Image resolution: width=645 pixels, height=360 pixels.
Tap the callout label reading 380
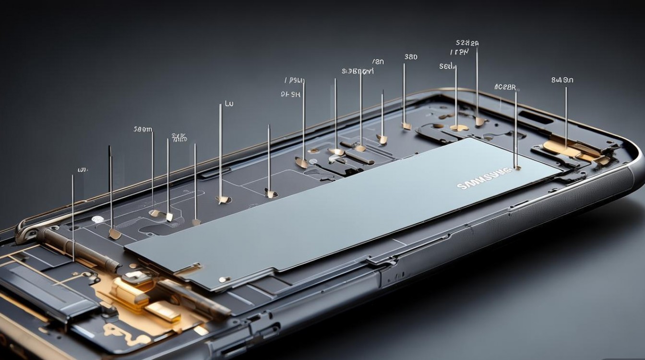coord(411,57)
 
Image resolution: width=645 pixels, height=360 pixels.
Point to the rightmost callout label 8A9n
coord(562,80)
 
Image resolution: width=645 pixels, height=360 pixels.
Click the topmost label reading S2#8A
coord(467,43)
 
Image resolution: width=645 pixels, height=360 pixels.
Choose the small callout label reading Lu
coord(229,104)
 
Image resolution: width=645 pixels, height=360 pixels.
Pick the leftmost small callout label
coord(82,170)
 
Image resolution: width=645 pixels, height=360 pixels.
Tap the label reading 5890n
coord(143,129)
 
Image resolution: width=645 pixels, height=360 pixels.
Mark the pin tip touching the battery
coord(516,168)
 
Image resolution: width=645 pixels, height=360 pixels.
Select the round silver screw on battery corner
coord(222,279)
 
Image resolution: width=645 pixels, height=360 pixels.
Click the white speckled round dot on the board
coord(97,219)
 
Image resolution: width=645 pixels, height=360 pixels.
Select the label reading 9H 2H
coord(290,95)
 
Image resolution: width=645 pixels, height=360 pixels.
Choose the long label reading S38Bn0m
coord(358,72)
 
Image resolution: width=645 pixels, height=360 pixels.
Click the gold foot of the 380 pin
coord(406,126)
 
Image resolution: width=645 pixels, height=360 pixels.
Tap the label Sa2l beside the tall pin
coord(447,66)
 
